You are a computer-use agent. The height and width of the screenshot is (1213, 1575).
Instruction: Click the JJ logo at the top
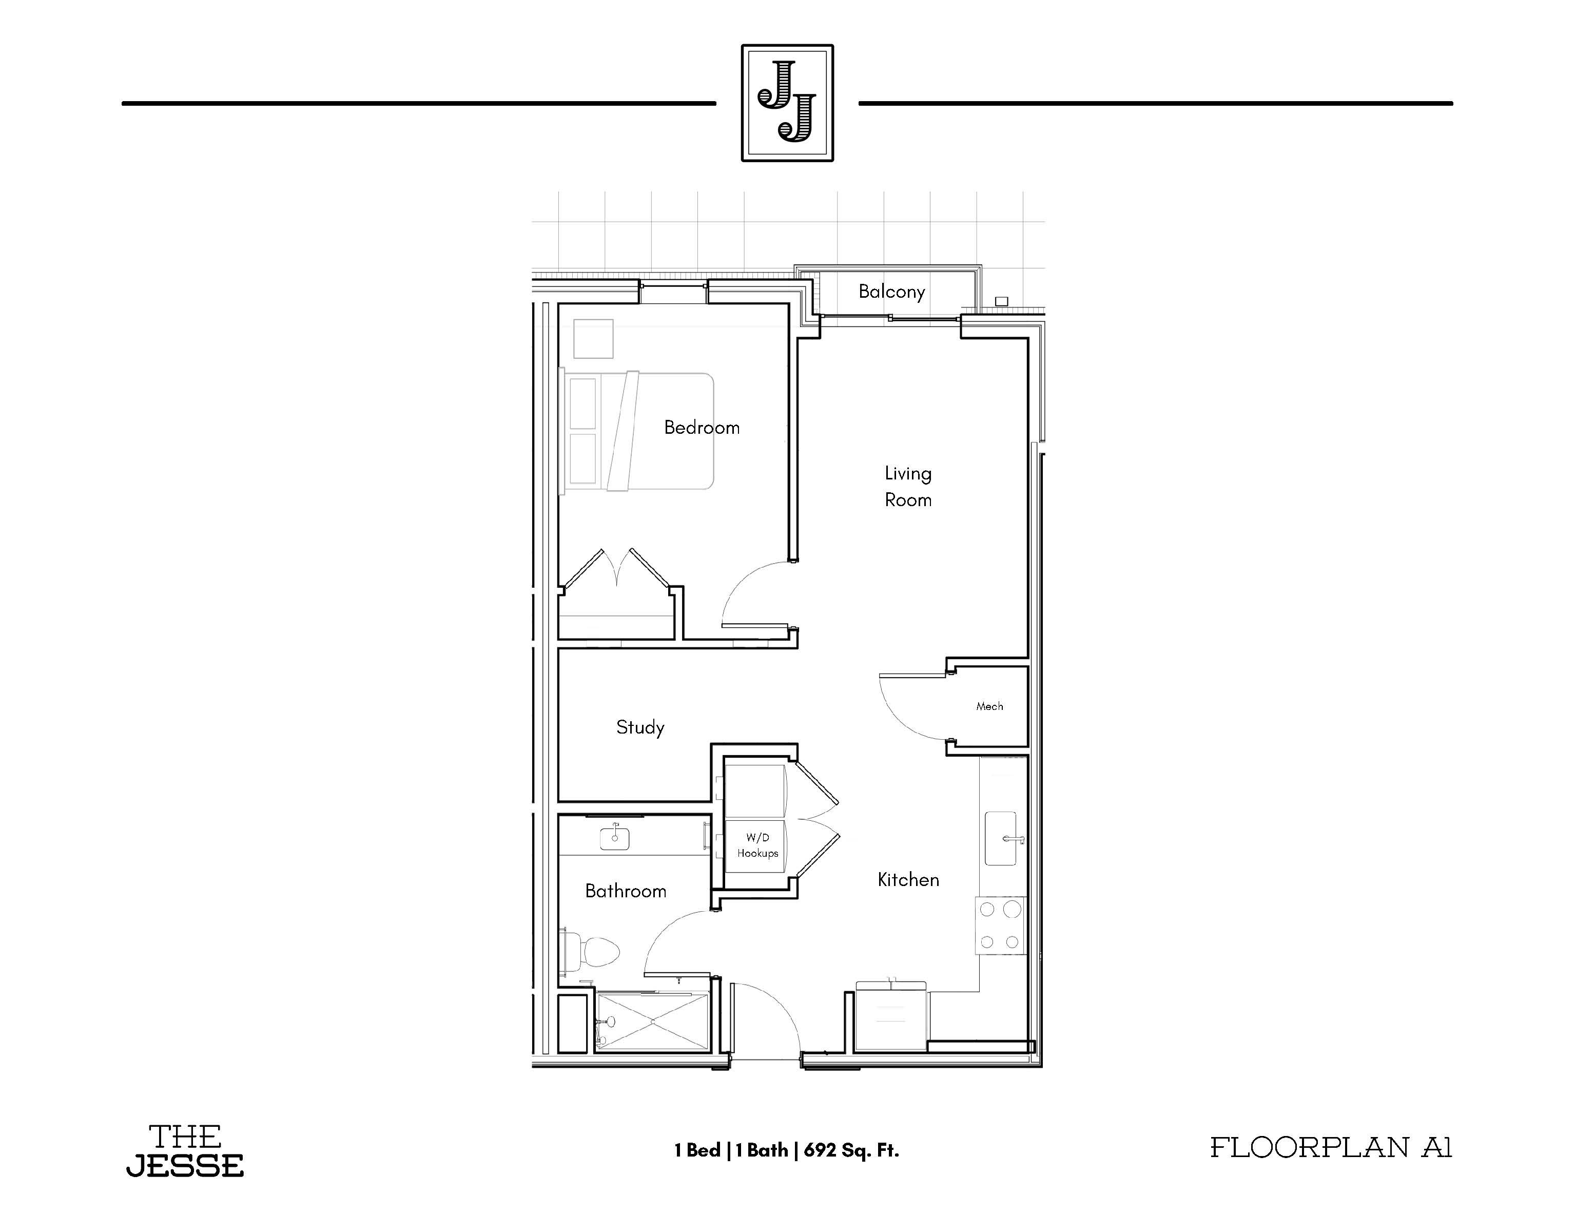[x=787, y=102]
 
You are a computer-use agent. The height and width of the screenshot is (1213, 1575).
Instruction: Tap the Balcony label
[x=891, y=292]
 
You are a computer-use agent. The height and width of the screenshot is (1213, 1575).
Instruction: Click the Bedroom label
[x=702, y=428]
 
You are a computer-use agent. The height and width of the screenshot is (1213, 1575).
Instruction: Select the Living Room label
[x=908, y=487]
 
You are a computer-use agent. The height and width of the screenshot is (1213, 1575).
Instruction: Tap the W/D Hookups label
[x=757, y=845]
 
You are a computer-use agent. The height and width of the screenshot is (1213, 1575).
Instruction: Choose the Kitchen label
[x=908, y=880]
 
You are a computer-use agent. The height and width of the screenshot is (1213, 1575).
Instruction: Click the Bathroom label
[x=625, y=891]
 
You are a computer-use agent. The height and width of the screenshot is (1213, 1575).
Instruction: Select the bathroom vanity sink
[x=614, y=837]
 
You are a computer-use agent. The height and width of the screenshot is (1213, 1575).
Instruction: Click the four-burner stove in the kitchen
[x=1000, y=925]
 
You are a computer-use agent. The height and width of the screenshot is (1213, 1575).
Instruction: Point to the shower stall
[x=653, y=1021]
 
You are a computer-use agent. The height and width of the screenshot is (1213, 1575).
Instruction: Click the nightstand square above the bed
[x=593, y=339]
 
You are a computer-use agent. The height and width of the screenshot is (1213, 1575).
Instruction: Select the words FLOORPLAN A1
[x=1331, y=1147]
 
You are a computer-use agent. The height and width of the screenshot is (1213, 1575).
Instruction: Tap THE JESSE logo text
[x=185, y=1150]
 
